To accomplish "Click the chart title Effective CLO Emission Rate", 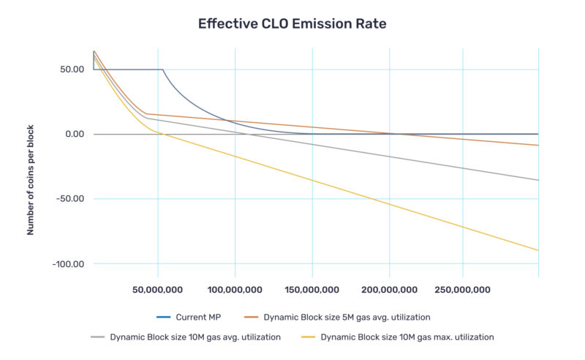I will point(292,24).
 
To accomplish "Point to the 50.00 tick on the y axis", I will point(69,70).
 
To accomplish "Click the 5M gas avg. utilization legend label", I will point(346,317).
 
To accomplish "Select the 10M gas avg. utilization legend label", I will point(196,337).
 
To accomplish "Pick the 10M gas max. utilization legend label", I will point(407,337).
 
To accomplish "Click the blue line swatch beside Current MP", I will point(163,317).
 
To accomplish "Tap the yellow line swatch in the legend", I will point(308,337).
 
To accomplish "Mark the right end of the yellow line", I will point(538,250).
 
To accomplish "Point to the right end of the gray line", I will point(538,180).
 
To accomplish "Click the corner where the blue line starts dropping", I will point(162,70).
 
